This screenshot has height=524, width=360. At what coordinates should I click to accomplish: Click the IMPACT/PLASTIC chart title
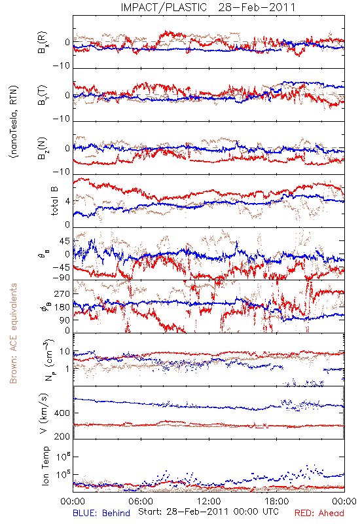point(164,7)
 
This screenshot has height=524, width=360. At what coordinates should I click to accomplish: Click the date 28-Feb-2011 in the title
point(257,7)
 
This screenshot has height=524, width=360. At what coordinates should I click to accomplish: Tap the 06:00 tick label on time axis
point(141,501)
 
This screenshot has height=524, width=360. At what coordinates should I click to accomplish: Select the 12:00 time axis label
point(209,501)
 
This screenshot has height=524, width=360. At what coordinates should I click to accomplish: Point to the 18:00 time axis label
point(277,501)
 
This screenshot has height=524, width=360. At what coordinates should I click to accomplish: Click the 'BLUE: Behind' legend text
point(101,513)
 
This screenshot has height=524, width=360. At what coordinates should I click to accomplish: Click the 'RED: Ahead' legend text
point(319,513)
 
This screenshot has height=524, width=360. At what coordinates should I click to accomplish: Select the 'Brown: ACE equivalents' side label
point(13,333)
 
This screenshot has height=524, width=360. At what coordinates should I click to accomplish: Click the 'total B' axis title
point(54,200)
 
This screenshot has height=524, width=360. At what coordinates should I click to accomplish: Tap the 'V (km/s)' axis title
point(44,413)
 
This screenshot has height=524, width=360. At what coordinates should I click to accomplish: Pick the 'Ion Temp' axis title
point(46,466)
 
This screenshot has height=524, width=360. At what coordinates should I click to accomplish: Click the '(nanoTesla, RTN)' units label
point(14,122)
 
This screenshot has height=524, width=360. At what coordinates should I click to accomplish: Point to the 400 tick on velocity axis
point(62,413)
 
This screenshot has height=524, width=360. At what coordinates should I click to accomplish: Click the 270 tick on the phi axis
point(62,293)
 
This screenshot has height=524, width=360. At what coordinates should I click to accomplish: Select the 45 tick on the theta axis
point(64,241)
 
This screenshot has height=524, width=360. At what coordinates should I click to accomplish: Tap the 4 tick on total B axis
point(68,202)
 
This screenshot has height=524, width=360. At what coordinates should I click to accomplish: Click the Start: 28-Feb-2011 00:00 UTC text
point(208,512)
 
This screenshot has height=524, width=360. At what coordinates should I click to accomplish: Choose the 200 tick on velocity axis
point(62,436)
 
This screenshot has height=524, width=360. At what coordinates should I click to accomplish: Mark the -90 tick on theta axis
point(62,278)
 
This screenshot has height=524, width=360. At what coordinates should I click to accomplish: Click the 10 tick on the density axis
point(65,352)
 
